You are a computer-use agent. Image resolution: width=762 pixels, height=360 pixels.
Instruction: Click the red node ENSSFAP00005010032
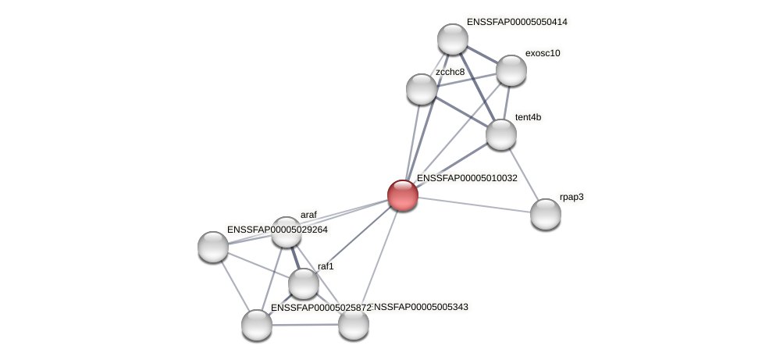pyautogui.click(x=403, y=195)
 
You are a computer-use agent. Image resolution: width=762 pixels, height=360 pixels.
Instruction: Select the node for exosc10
pyautogui.click(x=511, y=70)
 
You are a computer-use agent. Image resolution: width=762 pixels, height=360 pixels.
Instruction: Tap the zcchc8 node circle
pyautogui.click(x=422, y=89)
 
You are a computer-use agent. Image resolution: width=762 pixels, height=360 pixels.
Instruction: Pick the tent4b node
pyautogui.click(x=501, y=134)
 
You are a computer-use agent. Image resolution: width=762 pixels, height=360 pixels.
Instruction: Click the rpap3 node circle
pyautogui.click(x=546, y=214)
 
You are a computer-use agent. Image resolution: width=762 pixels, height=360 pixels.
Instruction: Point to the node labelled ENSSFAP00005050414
pyautogui.click(x=453, y=39)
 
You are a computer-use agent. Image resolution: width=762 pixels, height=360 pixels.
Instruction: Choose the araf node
pyautogui.click(x=287, y=232)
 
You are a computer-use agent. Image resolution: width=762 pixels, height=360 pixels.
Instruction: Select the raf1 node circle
pyautogui.click(x=304, y=283)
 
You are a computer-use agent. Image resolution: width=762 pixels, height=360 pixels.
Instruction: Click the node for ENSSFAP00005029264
pyautogui.click(x=213, y=247)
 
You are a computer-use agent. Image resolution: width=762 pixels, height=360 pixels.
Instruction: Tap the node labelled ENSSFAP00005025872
pyautogui.click(x=257, y=325)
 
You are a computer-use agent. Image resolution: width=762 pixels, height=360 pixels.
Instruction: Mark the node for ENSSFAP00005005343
pyautogui.click(x=354, y=324)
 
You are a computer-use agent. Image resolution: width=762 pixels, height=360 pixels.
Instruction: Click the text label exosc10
pyautogui.click(x=543, y=53)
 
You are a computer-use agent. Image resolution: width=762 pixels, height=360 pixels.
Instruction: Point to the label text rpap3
pyautogui.click(x=571, y=197)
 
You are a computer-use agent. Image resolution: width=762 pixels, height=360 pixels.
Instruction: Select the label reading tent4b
pyautogui.click(x=528, y=117)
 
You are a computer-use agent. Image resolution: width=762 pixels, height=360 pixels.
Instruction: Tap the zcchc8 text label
pyautogui.click(x=450, y=72)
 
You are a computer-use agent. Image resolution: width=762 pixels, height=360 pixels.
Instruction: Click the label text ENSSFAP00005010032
pyautogui.click(x=467, y=178)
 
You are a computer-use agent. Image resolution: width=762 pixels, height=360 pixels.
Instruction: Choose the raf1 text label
pyautogui.click(x=326, y=266)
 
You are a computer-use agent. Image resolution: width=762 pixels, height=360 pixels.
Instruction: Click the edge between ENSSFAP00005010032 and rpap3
pyautogui.click(x=475, y=205)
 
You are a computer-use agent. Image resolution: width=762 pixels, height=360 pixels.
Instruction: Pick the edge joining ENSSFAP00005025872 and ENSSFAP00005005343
pyautogui.click(x=305, y=325)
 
